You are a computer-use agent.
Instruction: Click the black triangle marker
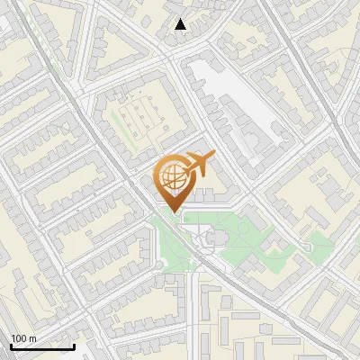(180, 24)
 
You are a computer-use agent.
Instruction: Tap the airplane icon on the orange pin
(197, 164)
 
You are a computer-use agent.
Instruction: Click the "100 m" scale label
(24, 338)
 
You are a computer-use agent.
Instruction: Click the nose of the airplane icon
(212, 156)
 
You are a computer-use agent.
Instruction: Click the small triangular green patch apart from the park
(317, 240)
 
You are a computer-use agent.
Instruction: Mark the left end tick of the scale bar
(11, 345)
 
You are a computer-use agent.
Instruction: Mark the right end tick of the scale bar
(74, 345)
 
